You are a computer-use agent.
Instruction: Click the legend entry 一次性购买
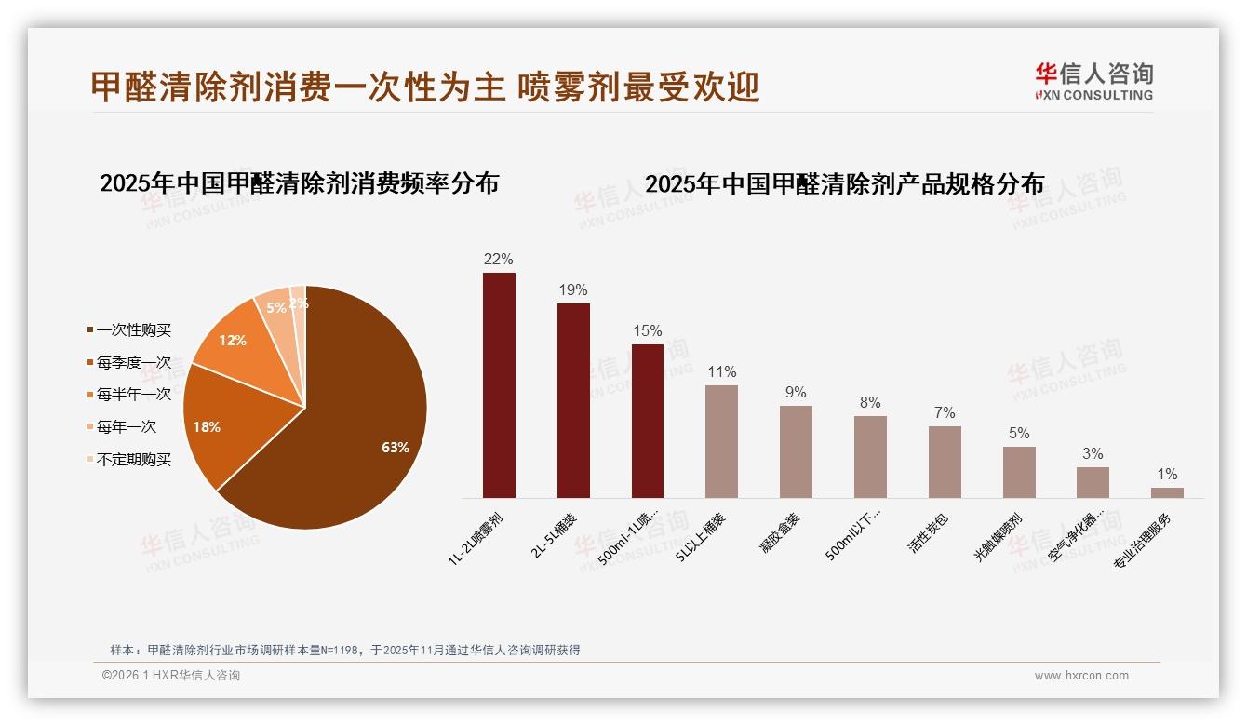[x=133, y=330]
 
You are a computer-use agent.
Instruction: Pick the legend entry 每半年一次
[x=133, y=395]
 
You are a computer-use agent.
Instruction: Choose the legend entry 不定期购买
[x=133, y=460]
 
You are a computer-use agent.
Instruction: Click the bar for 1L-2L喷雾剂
[x=499, y=385]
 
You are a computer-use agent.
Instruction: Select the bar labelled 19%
[x=573, y=400]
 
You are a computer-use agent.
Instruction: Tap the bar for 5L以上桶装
[x=721, y=441]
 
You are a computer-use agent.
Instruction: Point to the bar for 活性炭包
[x=945, y=462]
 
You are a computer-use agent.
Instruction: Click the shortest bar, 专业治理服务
[x=1167, y=492]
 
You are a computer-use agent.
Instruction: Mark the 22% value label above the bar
[x=499, y=259]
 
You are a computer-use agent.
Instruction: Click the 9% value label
[x=796, y=393]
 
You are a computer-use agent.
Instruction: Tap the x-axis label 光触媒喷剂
[x=999, y=535]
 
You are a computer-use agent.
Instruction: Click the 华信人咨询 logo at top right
[x=1093, y=81]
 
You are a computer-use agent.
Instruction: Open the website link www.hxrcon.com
[x=1081, y=676]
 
